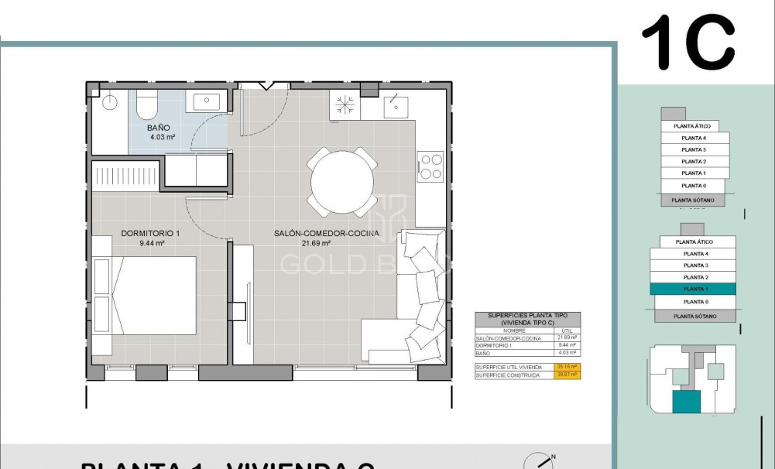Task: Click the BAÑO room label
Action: [159, 128]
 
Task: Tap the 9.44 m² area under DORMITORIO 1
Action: [151, 243]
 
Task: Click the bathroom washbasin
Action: [207, 101]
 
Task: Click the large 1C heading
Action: [688, 43]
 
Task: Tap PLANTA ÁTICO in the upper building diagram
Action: [691, 125]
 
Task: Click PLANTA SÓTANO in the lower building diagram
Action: [694, 316]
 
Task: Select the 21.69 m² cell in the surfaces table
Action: [568, 338]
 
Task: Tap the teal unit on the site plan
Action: [686, 402]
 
